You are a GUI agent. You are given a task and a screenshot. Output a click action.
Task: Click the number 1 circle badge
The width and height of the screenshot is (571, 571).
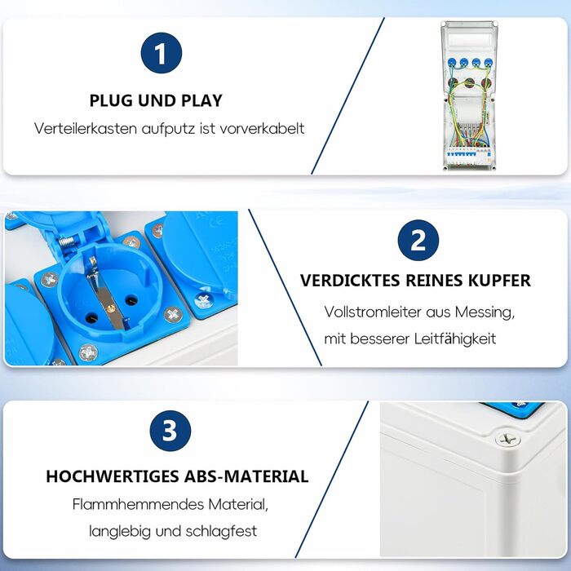pyautogui.click(x=162, y=53)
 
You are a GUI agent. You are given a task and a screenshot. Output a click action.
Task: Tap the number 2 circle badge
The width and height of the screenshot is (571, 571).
pyautogui.click(x=418, y=241)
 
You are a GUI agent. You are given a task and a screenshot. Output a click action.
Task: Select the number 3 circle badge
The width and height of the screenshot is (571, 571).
pyautogui.click(x=170, y=431)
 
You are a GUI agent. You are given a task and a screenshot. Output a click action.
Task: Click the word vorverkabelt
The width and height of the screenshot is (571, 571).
pyautogui.click(x=262, y=129)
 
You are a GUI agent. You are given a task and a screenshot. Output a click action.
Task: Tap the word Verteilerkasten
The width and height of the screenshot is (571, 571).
pyautogui.click(x=86, y=129)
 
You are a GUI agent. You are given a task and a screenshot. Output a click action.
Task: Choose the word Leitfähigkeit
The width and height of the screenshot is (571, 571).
pyautogui.click(x=455, y=339)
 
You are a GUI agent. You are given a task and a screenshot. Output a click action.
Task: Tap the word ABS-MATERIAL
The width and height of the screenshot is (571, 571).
pyautogui.click(x=246, y=476)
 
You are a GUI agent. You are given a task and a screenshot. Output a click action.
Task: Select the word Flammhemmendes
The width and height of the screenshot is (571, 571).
pyautogui.click(x=138, y=504)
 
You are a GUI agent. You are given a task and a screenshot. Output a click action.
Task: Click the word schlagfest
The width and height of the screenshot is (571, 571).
pyautogui.click(x=221, y=531)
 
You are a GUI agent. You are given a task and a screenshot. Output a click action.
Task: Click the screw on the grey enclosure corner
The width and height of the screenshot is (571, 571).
pyautogui.click(x=508, y=439)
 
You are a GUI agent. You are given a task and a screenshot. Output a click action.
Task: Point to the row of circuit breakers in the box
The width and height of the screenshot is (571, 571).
pyautogui.click(x=469, y=156)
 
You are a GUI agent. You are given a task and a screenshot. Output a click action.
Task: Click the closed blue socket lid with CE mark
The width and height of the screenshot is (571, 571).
pyautogui.click(x=201, y=253)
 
